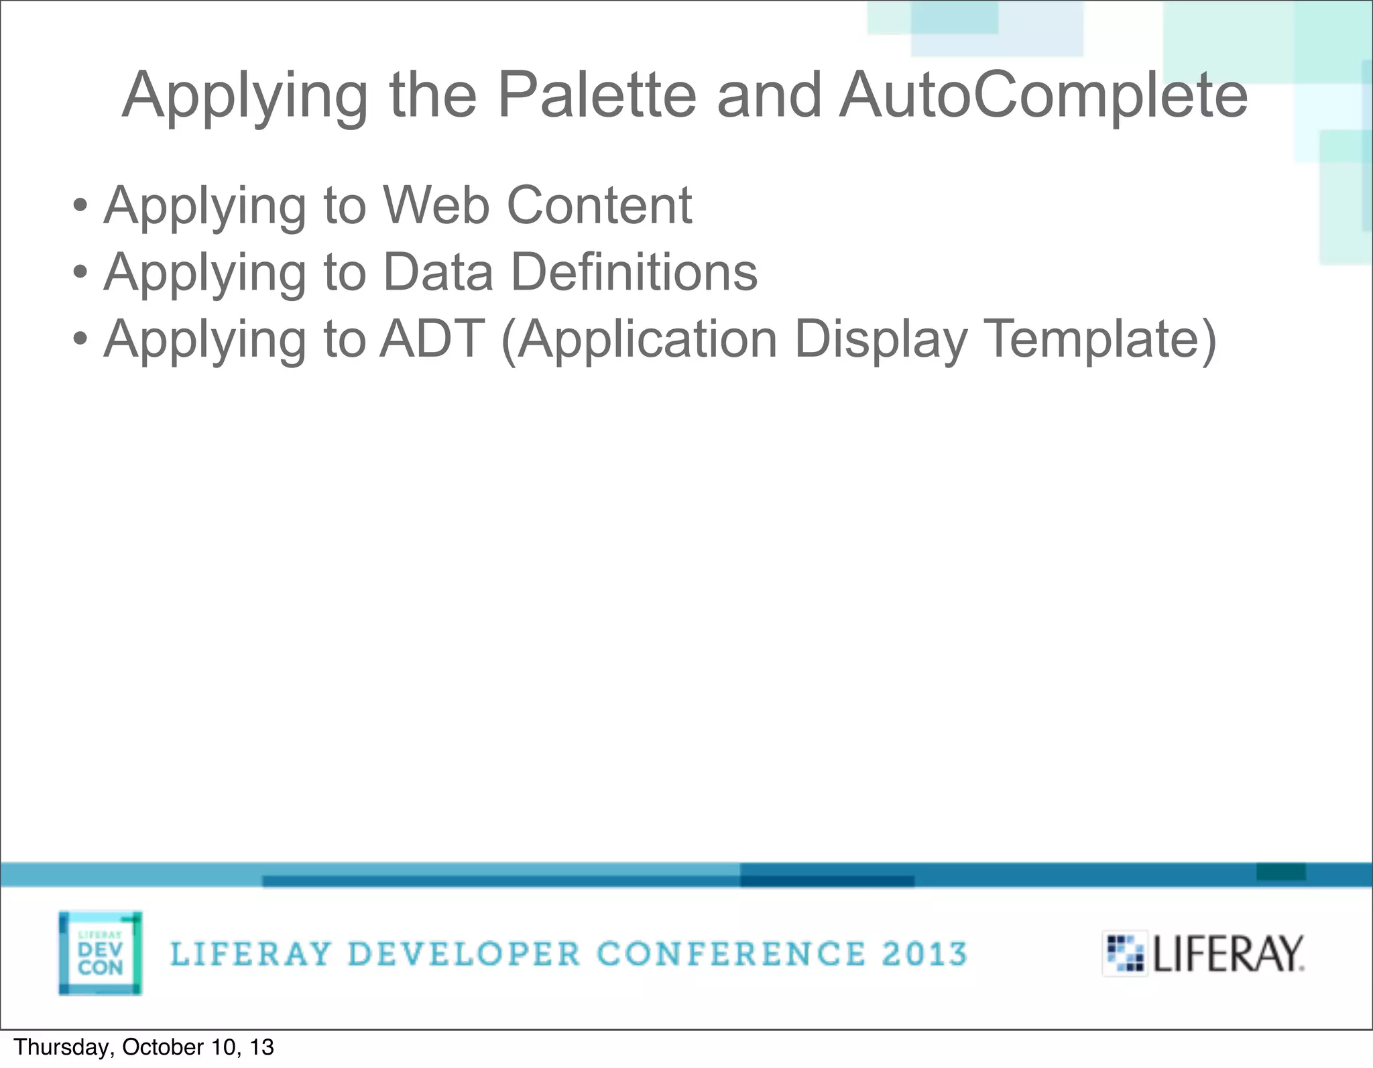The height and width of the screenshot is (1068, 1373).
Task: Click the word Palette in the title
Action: (x=597, y=95)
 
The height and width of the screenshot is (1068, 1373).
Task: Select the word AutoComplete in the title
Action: (x=1043, y=95)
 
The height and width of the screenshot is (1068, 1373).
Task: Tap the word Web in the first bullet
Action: (x=436, y=204)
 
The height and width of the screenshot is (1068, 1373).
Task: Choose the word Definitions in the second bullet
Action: (x=634, y=272)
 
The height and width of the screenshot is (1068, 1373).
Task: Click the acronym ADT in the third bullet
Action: (x=432, y=339)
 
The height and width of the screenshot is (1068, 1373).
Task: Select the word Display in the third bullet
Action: (x=881, y=339)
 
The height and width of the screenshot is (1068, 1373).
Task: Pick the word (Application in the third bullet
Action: (x=640, y=339)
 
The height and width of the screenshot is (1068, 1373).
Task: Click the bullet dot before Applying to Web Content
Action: (x=80, y=206)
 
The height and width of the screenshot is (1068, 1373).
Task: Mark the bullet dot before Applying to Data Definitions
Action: (x=80, y=273)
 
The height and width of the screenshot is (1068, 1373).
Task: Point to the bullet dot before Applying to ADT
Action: (x=80, y=340)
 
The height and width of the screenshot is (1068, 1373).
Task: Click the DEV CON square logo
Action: (x=100, y=953)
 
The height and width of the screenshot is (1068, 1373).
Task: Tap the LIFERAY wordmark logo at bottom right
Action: (x=1204, y=953)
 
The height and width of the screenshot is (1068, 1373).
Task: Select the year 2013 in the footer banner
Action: (x=924, y=954)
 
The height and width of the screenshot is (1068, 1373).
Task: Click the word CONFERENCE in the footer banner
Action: (x=731, y=954)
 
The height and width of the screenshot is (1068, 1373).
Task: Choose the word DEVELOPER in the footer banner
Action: (x=464, y=954)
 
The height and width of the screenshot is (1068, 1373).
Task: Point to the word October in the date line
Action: (x=163, y=1047)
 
